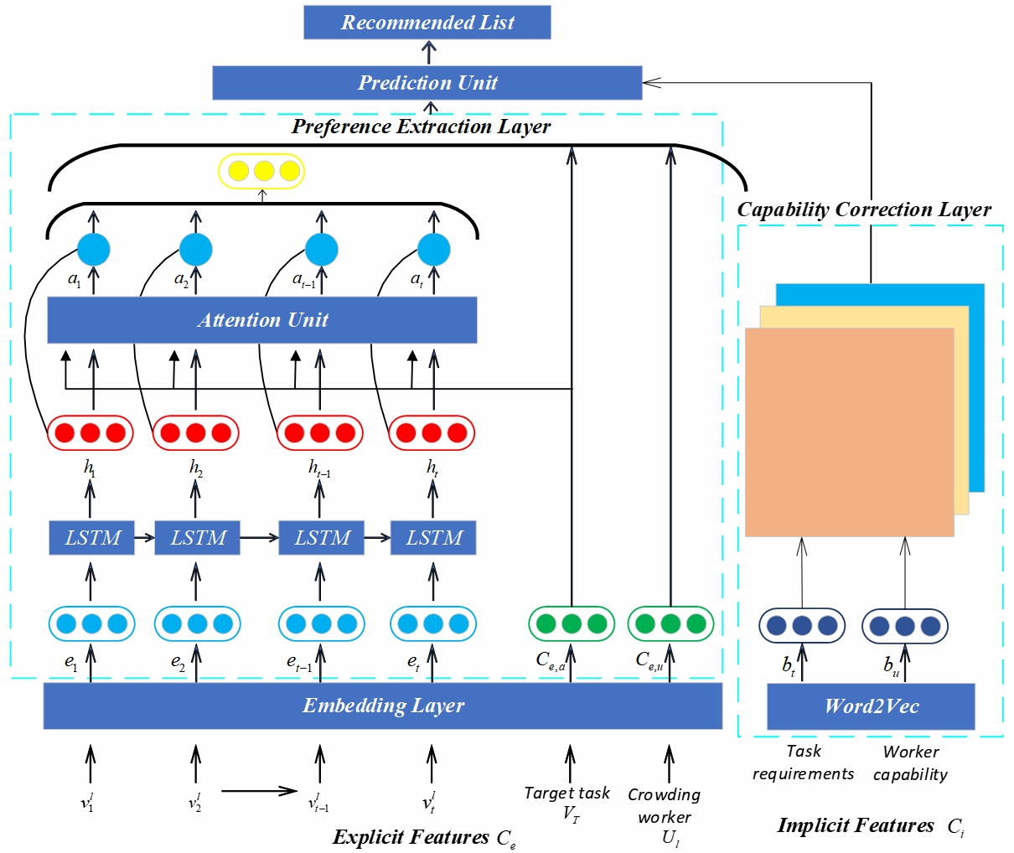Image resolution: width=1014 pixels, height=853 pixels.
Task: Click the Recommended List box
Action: [x=427, y=23]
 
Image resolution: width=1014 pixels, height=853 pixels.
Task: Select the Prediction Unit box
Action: [x=427, y=83]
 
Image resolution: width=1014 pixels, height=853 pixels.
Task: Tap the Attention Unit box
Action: [x=262, y=319]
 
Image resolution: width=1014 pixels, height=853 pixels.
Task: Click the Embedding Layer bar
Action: [x=383, y=706]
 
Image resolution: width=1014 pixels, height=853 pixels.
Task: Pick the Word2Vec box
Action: [x=871, y=706]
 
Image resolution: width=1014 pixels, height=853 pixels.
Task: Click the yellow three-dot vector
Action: [x=261, y=172]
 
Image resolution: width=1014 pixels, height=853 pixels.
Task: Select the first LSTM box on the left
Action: [x=92, y=538]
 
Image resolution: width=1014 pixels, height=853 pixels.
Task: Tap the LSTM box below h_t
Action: [x=433, y=538]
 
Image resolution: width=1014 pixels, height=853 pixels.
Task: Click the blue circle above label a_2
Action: [x=195, y=250]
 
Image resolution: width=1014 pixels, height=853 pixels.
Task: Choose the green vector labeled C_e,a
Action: [x=571, y=624]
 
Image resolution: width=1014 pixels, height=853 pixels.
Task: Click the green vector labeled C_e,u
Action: [x=670, y=624]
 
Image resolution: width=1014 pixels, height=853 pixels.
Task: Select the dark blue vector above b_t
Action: [x=802, y=626]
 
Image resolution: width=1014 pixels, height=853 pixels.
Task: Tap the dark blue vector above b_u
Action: [x=905, y=626]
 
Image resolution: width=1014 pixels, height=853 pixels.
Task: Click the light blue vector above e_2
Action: [x=197, y=624]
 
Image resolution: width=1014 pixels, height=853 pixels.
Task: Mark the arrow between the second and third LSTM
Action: [x=259, y=538]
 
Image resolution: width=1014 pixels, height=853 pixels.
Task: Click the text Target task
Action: [x=567, y=793]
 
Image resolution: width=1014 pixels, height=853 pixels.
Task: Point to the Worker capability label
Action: [x=910, y=763]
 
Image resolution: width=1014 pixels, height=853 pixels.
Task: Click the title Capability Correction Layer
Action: [x=864, y=209]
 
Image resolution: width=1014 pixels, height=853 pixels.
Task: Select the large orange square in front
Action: [x=849, y=432]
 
